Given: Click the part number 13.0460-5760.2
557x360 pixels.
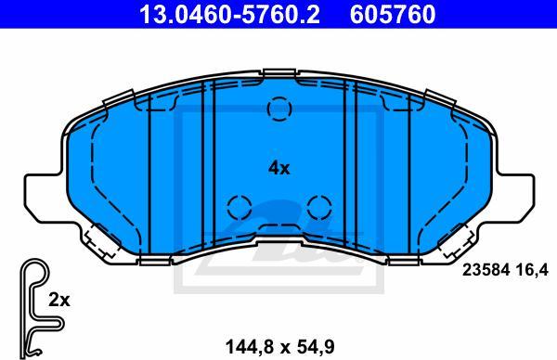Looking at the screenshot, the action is (229, 14).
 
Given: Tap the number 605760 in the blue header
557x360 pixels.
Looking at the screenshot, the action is (393, 14).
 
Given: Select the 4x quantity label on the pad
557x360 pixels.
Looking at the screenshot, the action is (279, 168).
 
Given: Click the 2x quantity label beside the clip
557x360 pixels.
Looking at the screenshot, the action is (59, 301).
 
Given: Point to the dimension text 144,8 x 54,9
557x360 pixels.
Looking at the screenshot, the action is (280, 346).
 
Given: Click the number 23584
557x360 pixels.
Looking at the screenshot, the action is (486, 270).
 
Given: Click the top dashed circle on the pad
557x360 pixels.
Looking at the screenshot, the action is (279, 109).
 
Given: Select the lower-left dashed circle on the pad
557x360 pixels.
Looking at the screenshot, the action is (240, 207).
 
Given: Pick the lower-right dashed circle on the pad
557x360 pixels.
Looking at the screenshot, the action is (319, 207).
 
